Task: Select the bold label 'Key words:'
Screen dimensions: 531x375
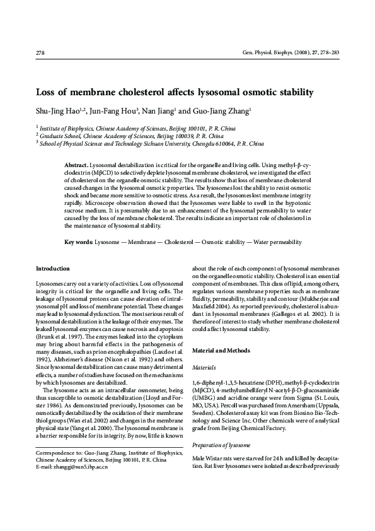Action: [x=79, y=242]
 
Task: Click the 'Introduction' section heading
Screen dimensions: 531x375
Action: [x=53, y=268]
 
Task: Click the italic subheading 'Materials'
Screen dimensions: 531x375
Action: [x=203, y=366]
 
